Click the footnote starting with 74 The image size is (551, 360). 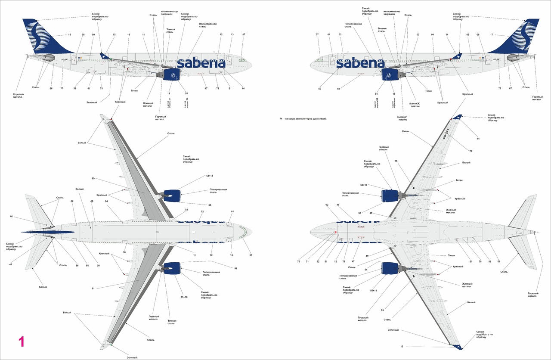point(303,118)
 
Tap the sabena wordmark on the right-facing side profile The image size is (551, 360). point(201,63)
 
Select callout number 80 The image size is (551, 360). point(93,178)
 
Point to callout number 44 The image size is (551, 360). point(243,88)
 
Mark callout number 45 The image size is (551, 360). point(319,89)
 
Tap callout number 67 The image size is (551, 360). point(511,88)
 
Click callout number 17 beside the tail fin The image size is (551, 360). point(491,34)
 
